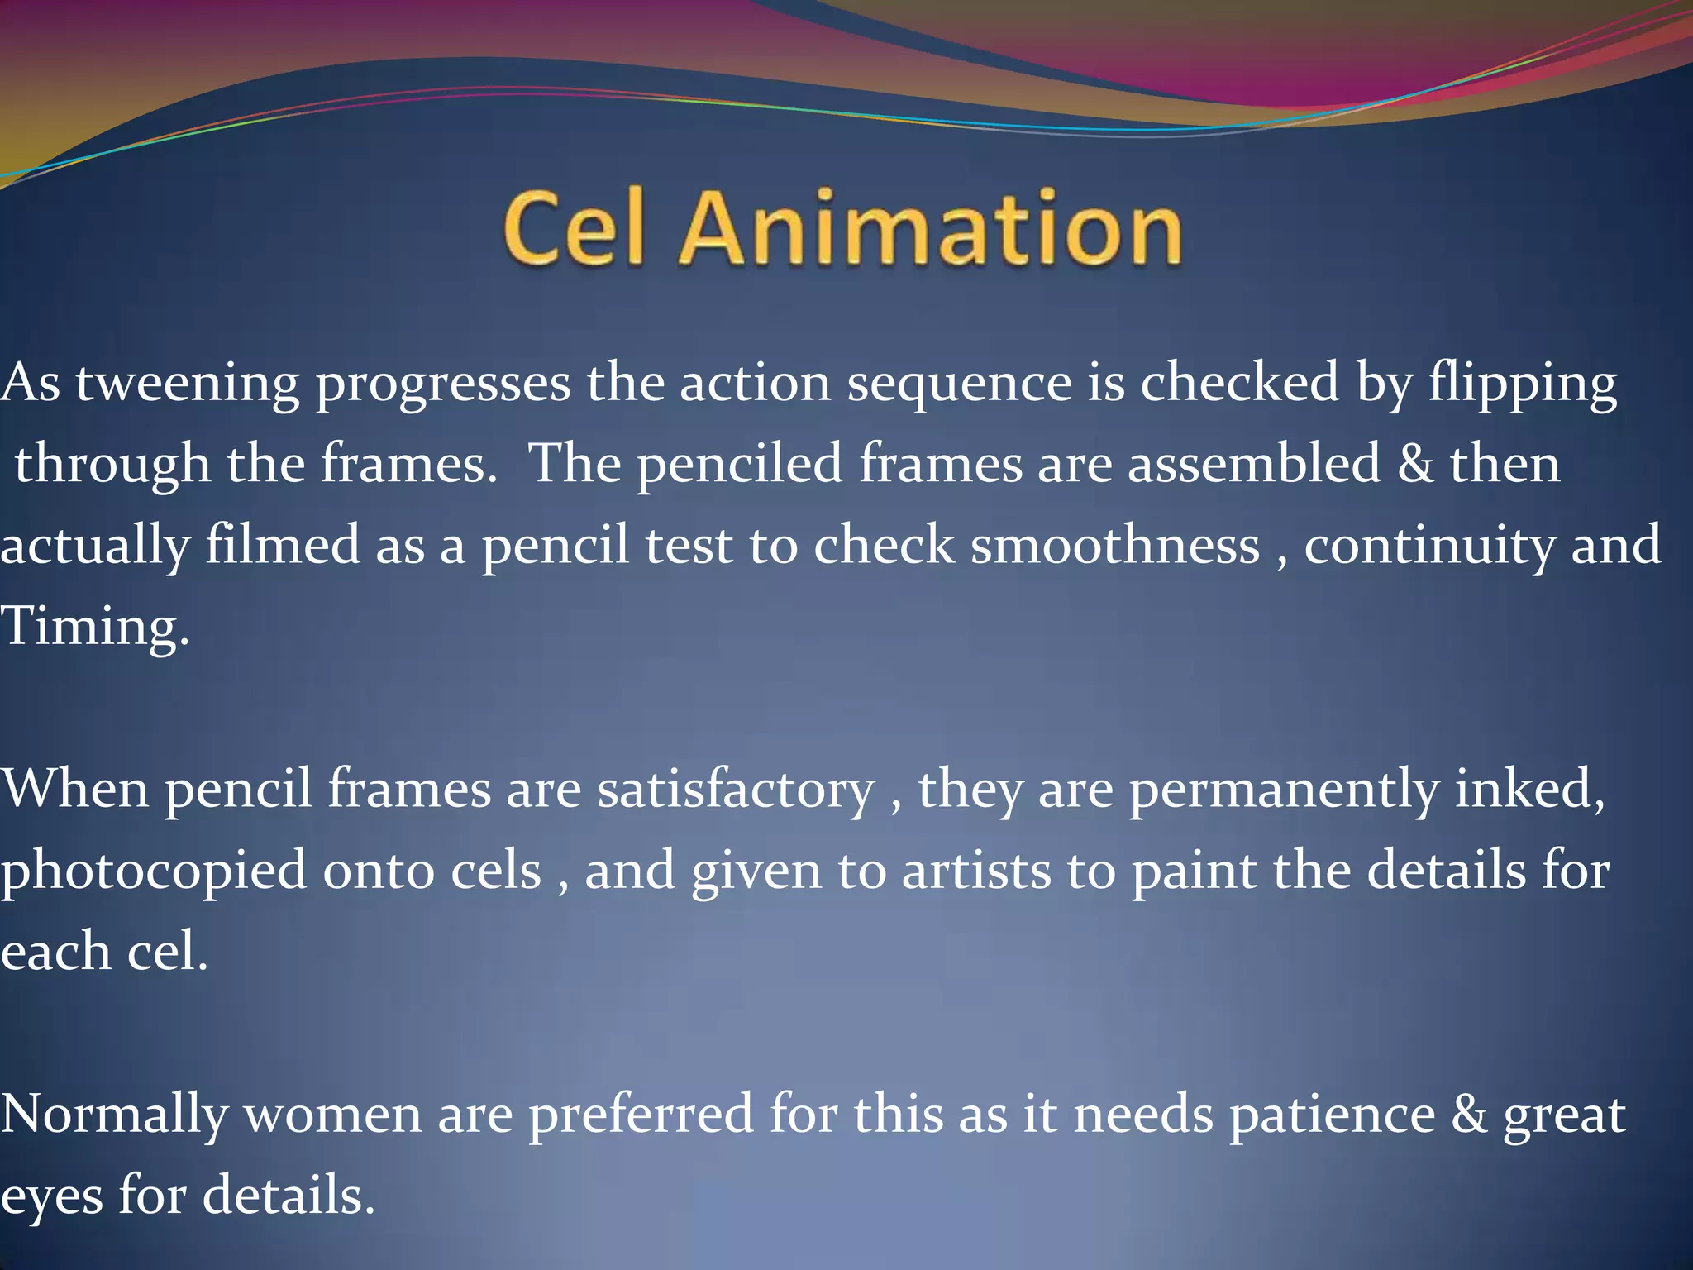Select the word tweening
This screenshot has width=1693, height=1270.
(188, 384)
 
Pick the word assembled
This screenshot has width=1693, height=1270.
(1254, 463)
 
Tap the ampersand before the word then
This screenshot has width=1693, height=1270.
(1415, 463)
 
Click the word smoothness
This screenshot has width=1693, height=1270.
(1115, 545)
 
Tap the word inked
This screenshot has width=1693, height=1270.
(1529, 788)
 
